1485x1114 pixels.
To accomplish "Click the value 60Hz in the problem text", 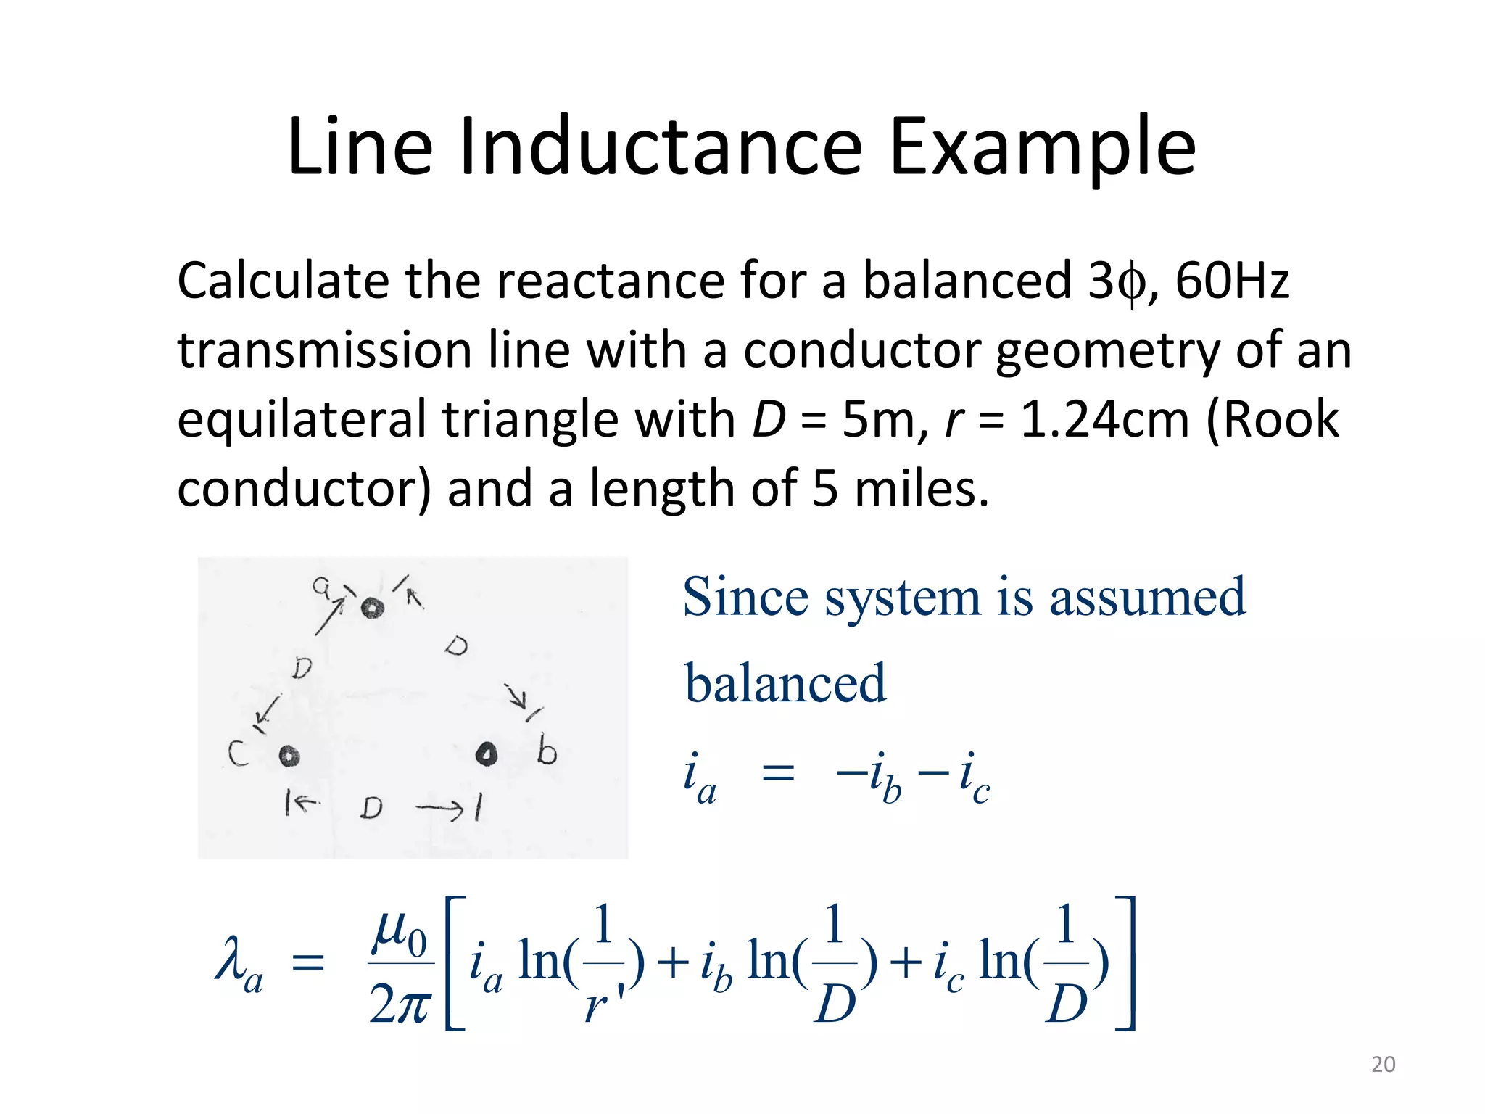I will [x=1232, y=281].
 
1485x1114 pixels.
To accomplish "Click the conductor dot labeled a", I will [x=372, y=608].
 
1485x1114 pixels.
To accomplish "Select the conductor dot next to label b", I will [x=487, y=754].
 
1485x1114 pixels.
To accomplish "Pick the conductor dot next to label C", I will [x=289, y=756].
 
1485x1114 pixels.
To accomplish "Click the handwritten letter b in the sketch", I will [x=547, y=751].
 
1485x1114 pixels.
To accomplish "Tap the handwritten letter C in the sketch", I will [x=238, y=754].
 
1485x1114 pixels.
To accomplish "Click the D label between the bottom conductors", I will [x=371, y=807].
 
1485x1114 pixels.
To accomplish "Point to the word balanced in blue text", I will [x=785, y=684].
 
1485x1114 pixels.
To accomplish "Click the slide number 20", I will [x=1383, y=1065].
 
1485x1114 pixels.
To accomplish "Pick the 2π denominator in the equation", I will [x=399, y=1005].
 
